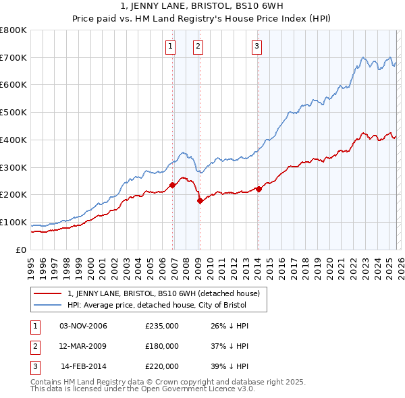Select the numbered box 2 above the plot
pyautogui.click(x=198, y=47)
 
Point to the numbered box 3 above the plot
pyautogui.click(x=257, y=47)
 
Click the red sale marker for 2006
pyautogui.click(x=173, y=185)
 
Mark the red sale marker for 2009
pyautogui.click(x=200, y=200)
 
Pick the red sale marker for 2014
pyautogui.click(x=259, y=189)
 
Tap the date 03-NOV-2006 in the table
pyautogui.click(x=83, y=326)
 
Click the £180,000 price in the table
pyautogui.click(x=162, y=346)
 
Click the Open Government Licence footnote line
pyautogui.click(x=142, y=389)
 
